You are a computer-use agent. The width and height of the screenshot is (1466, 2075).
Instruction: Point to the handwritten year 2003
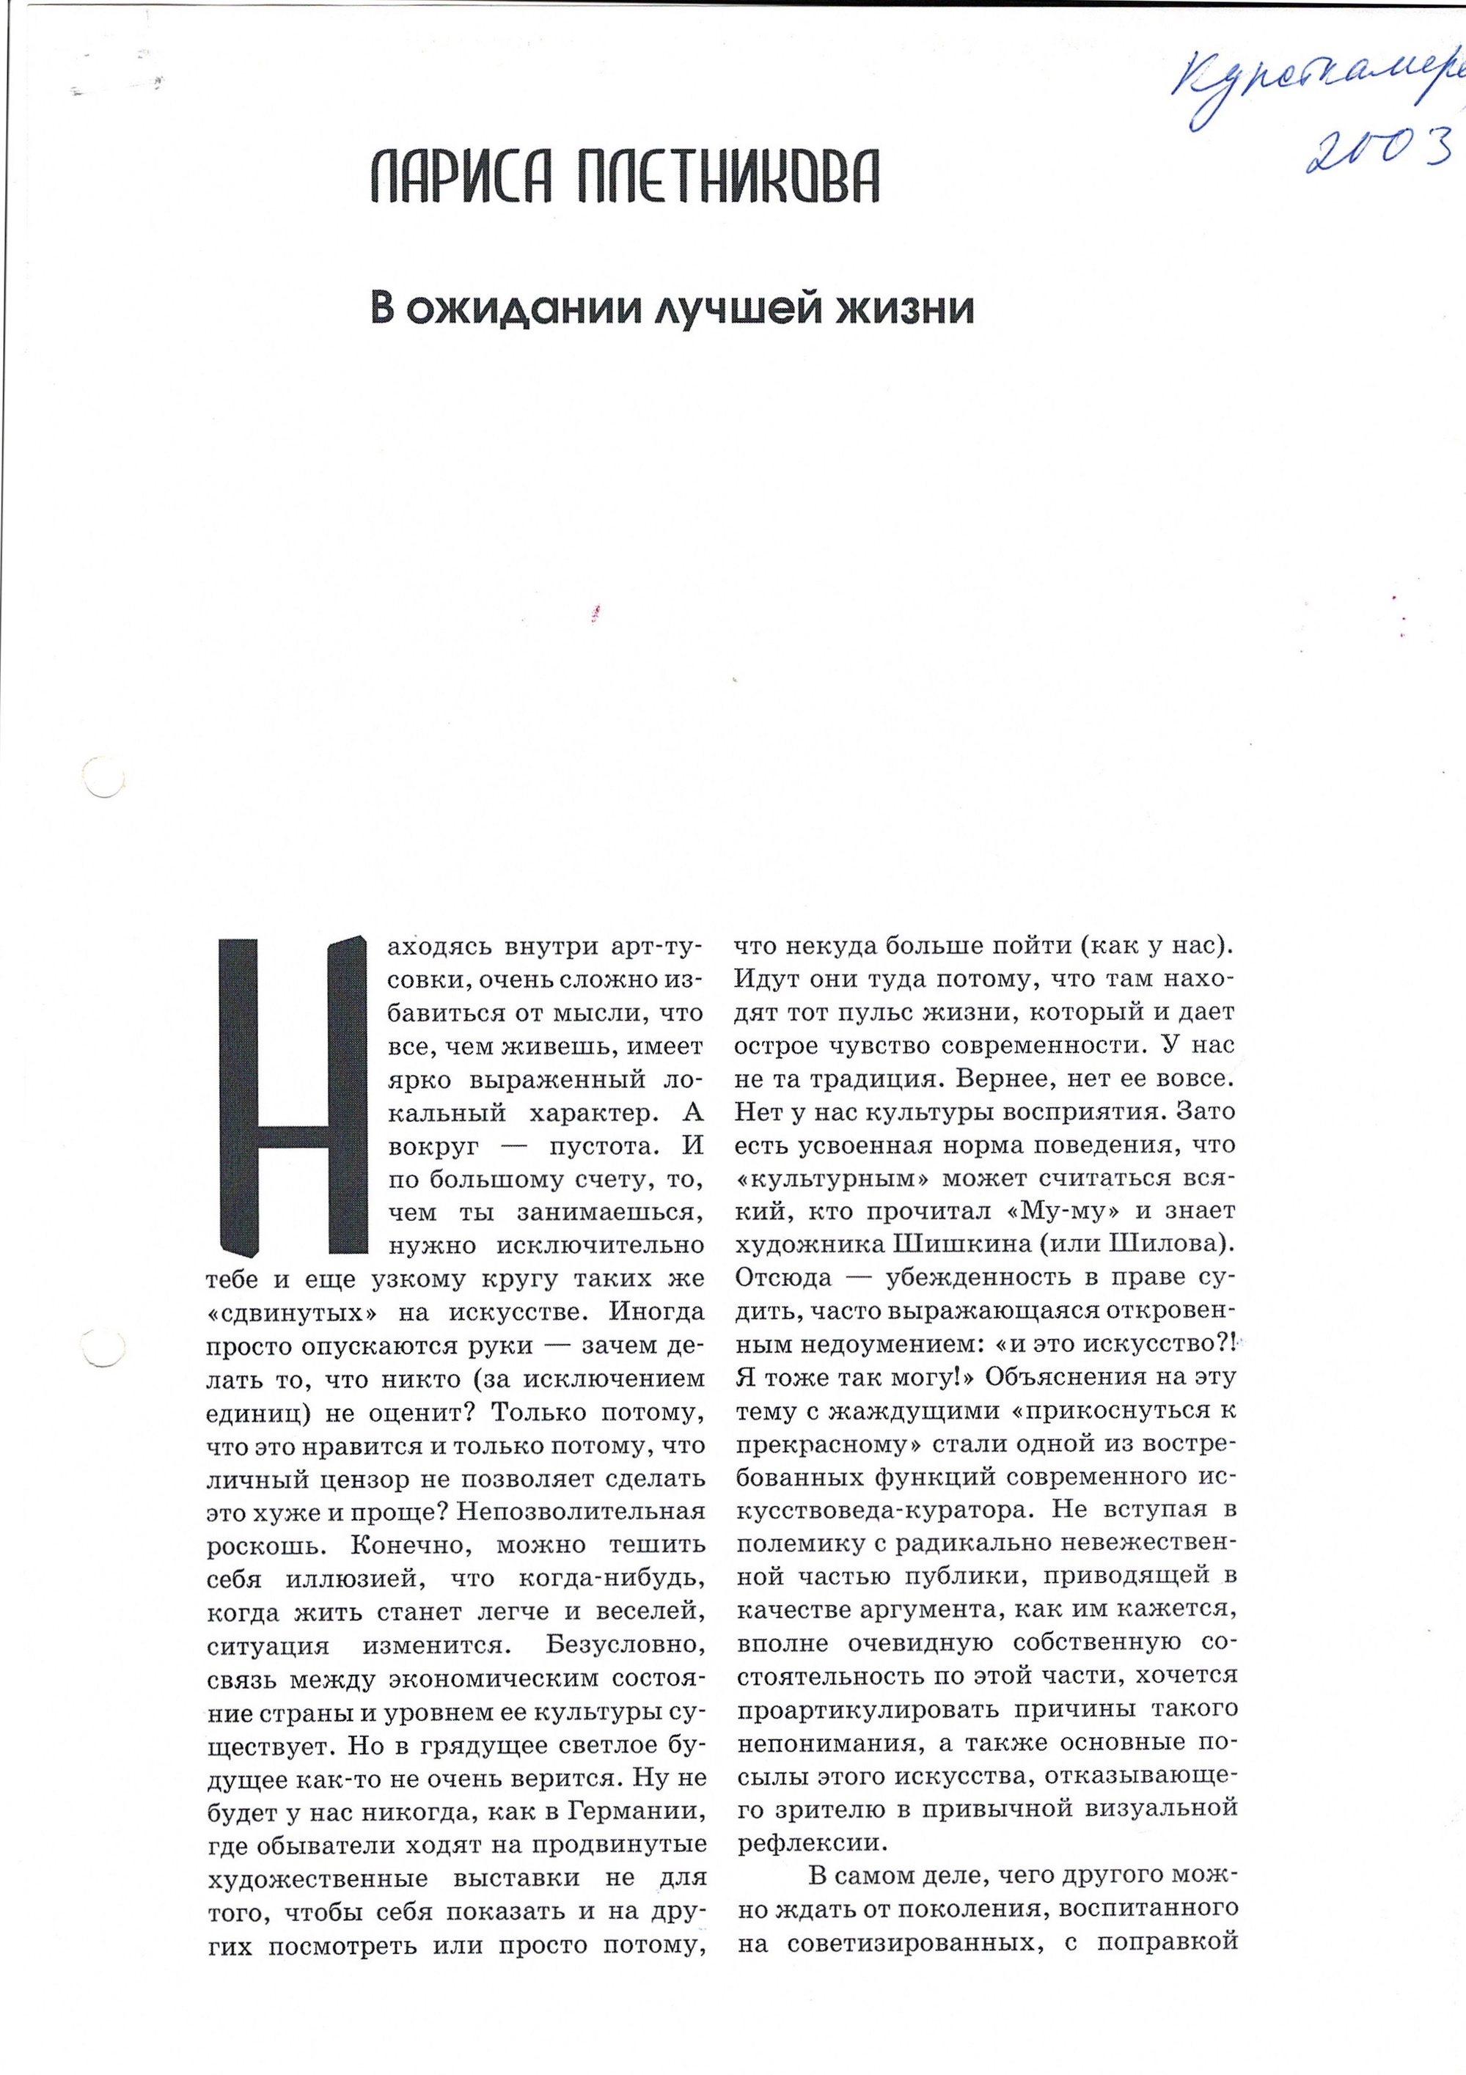1381,149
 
